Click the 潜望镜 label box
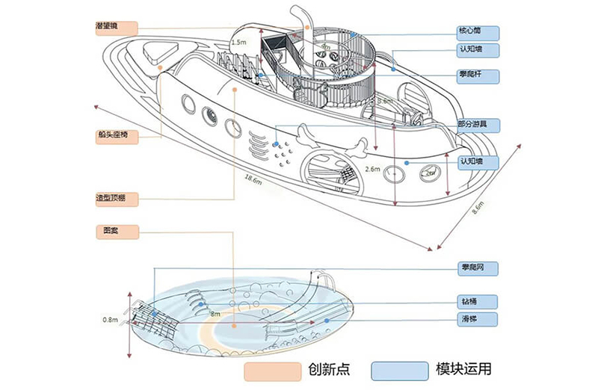[116, 28]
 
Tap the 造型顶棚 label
[116, 199]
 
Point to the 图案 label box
[116, 232]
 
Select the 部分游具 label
[478, 124]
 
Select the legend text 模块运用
[463, 370]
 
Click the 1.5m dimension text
[238, 43]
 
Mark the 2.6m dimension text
[372, 170]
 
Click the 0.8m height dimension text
[110, 320]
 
